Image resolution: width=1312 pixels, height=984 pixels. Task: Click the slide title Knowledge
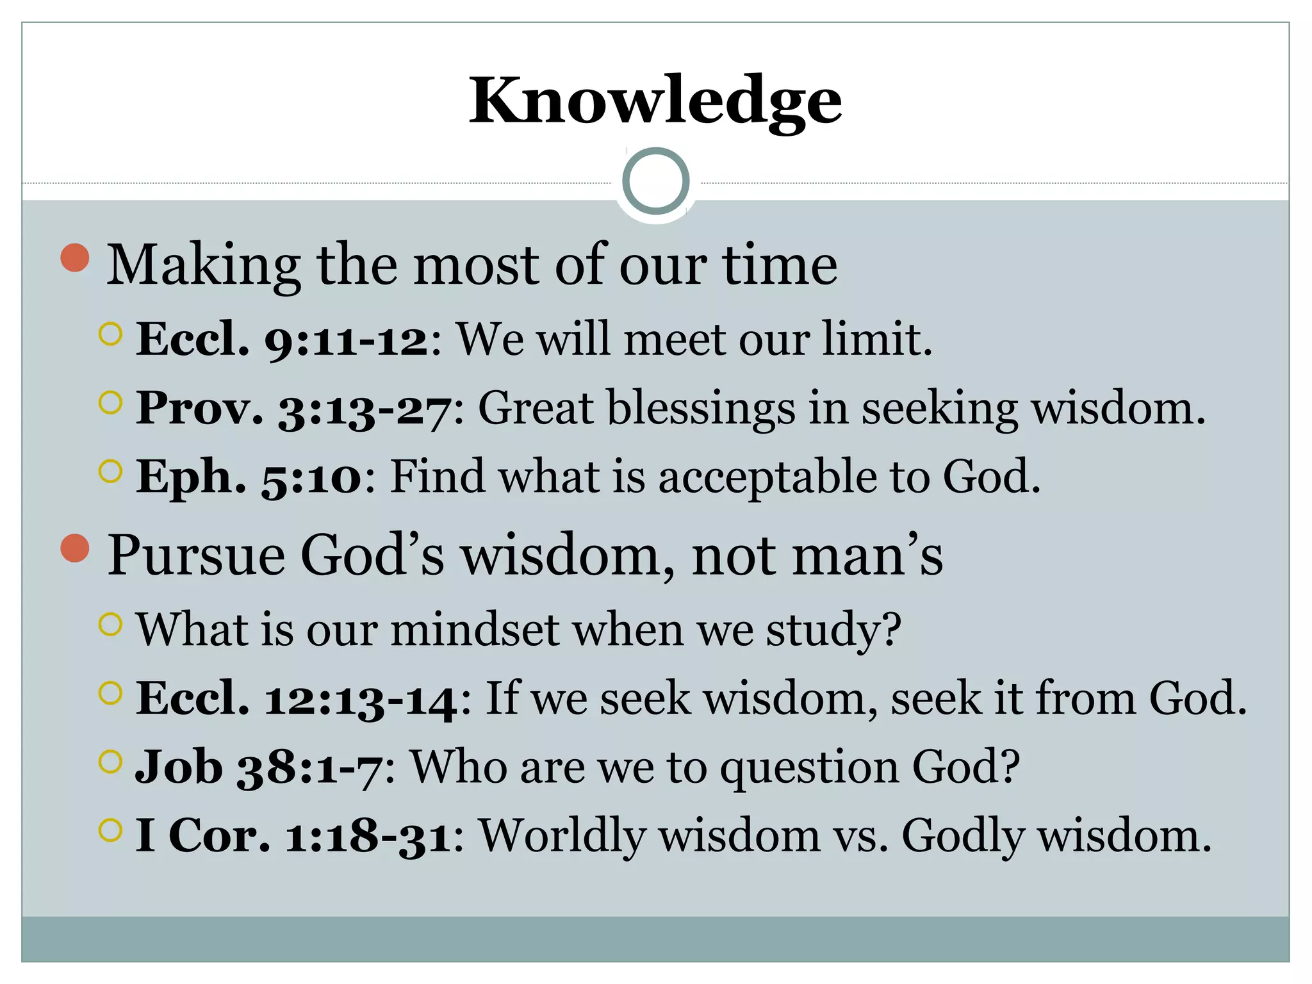tap(655, 101)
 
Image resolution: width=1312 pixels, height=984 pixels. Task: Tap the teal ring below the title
tap(655, 181)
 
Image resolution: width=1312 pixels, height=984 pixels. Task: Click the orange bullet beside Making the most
tap(75, 258)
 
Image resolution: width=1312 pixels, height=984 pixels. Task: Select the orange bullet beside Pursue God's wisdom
tap(75, 548)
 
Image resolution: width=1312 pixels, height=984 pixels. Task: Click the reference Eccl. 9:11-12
tap(282, 339)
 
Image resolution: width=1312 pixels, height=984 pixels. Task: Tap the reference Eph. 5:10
tap(249, 477)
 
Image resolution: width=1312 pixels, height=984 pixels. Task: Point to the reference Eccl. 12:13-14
tap(297, 698)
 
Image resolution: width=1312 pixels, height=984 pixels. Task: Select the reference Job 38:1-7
tap(259, 767)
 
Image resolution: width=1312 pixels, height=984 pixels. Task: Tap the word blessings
tap(701, 408)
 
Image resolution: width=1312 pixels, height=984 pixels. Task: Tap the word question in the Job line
tap(809, 768)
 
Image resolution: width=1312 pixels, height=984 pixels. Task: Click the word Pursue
tap(196, 555)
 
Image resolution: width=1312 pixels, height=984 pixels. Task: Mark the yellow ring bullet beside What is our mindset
tap(111, 624)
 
